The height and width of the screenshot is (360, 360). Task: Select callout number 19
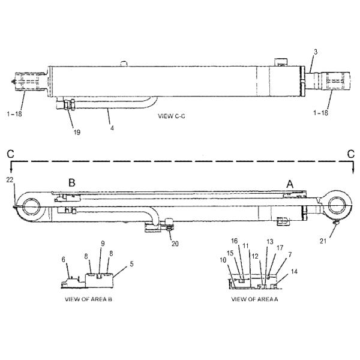pyautogui.click(x=76, y=131)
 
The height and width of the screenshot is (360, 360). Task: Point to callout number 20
pyautogui.click(x=175, y=244)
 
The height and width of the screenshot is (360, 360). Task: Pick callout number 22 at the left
pyautogui.click(x=10, y=179)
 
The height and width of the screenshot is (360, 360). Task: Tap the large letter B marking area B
pyautogui.click(x=71, y=182)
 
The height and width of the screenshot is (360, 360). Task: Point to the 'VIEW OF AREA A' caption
pyautogui.click(x=254, y=298)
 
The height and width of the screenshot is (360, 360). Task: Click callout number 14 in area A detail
pyautogui.click(x=293, y=272)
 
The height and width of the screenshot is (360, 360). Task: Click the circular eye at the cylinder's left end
pyautogui.click(x=29, y=208)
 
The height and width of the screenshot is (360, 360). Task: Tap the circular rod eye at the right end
pyautogui.click(x=338, y=207)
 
